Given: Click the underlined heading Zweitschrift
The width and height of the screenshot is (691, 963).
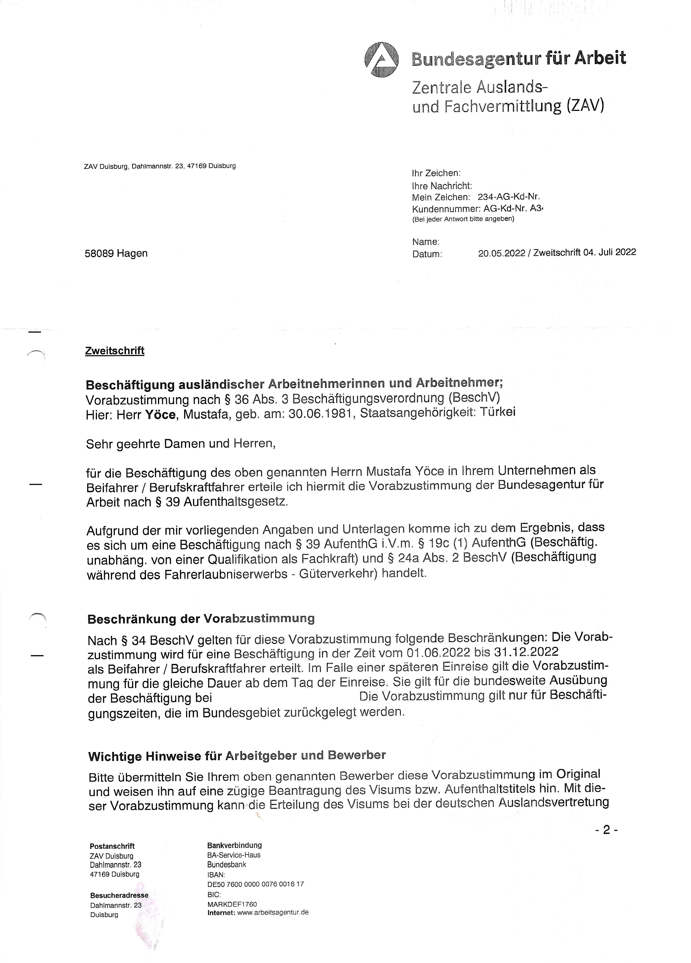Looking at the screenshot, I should (x=115, y=351).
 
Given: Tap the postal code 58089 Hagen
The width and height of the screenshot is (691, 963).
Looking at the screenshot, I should (x=116, y=254).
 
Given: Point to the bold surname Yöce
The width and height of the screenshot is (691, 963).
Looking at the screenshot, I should (x=160, y=414).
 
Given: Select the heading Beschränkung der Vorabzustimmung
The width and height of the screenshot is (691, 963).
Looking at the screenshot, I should (x=201, y=619).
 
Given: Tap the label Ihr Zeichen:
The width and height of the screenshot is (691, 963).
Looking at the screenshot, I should (x=436, y=173).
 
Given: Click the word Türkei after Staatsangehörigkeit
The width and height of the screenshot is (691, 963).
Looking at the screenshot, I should (x=497, y=412).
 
